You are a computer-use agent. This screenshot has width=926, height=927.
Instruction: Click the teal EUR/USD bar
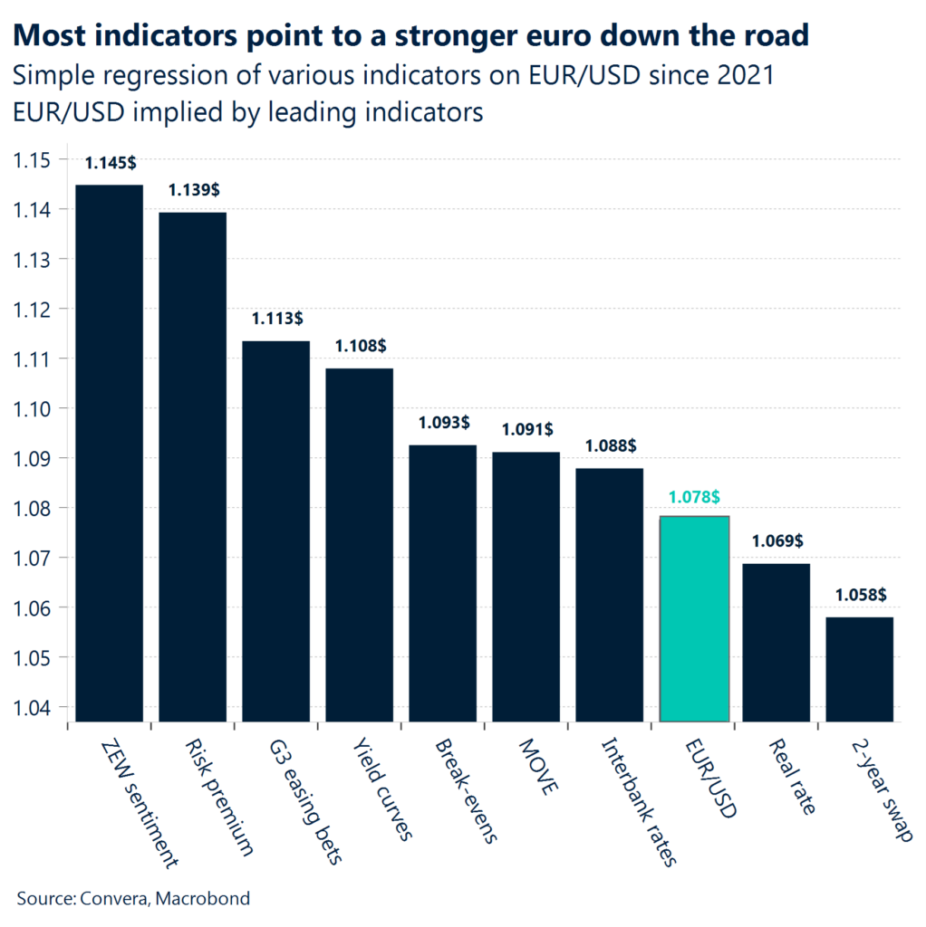pos(694,618)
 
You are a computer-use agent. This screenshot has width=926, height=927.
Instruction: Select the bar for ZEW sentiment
pos(109,453)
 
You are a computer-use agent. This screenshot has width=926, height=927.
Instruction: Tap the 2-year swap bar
pos(860,669)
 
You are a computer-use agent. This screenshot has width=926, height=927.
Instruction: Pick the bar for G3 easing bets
pos(275,530)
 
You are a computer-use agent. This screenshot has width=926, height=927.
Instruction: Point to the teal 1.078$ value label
pos(694,496)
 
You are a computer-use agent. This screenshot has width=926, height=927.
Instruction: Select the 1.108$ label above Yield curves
pos(361,347)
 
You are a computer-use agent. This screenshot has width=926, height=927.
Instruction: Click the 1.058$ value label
pos(860,596)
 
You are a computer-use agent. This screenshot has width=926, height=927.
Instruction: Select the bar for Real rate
pos(776,642)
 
